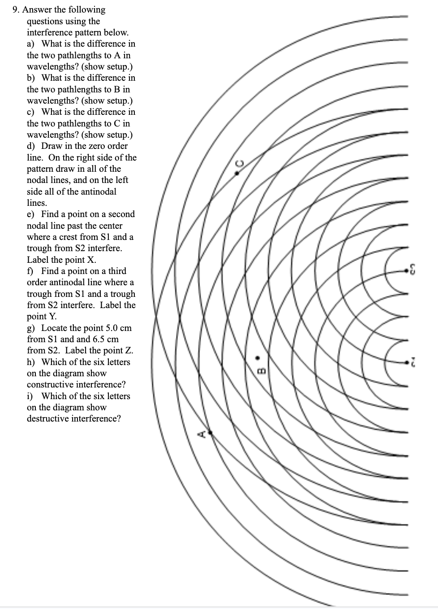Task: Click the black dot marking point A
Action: tap(210, 432)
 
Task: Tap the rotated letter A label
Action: tap(203, 434)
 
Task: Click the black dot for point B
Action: tap(257, 357)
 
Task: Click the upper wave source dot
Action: tap(409, 270)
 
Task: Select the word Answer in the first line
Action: tap(38, 9)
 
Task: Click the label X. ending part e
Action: tap(91, 260)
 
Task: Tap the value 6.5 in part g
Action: tap(98, 339)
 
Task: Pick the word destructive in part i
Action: tap(48, 418)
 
